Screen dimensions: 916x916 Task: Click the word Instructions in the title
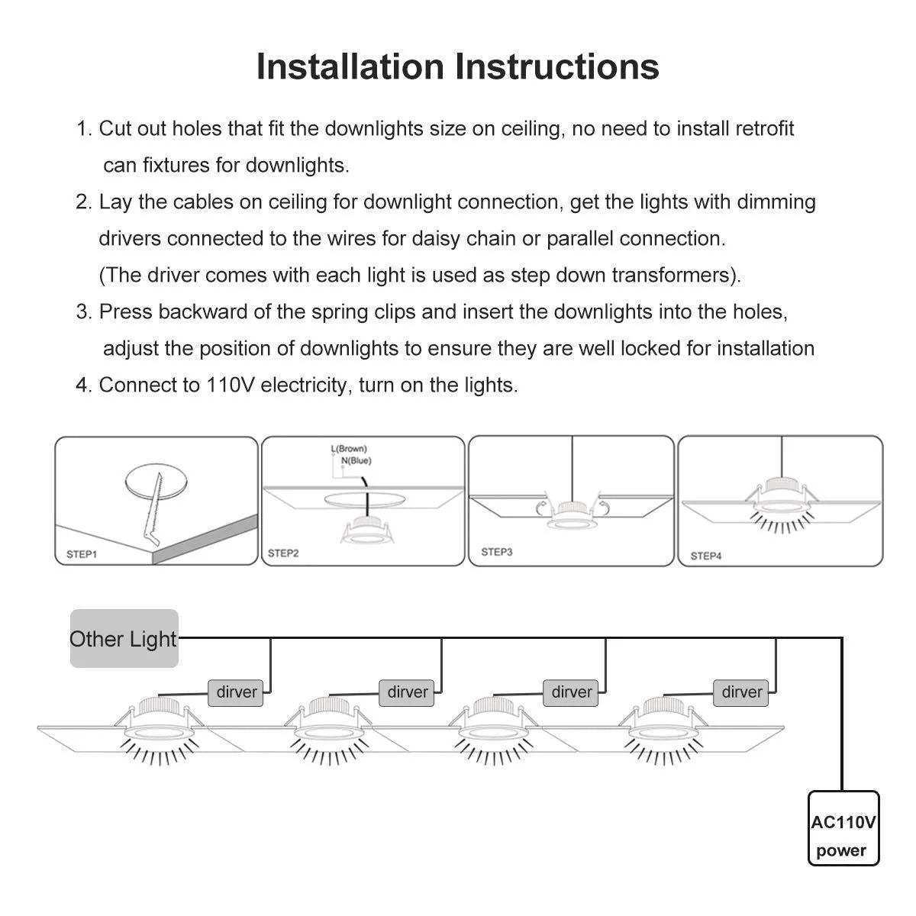(x=558, y=66)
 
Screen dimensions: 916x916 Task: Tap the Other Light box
(x=124, y=639)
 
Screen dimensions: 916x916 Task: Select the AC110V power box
(x=843, y=828)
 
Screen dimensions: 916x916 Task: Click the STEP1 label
(x=82, y=553)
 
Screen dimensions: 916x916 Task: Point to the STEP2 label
(x=283, y=553)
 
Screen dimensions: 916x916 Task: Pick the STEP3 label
(x=497, y=551)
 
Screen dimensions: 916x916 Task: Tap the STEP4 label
(x=706, y=556)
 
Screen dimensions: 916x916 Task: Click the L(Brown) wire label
(x=349, y=449)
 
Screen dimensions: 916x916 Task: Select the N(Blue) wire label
(x=356, y=460)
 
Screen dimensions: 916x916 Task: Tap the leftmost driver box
(x=237, y=692)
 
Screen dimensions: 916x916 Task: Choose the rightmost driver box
(x=742, y=692)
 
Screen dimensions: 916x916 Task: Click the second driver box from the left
(x=408, y=692)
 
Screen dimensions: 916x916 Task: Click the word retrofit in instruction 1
(x=765, y=128)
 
